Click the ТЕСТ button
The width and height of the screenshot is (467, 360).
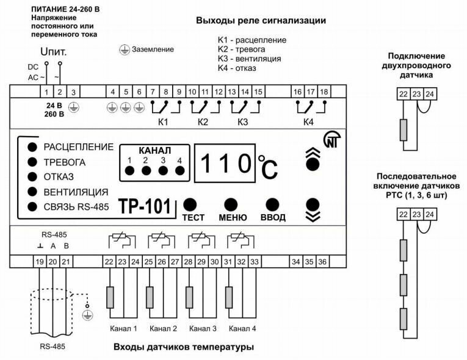coord(191,204)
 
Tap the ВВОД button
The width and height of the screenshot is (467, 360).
coord(272,204)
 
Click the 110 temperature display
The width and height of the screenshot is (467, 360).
coord(225,164)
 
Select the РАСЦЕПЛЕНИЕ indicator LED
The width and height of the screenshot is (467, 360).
coord(31,147)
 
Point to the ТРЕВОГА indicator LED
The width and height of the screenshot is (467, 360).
coord(31,162)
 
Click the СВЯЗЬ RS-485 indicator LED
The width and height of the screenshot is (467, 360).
coord(31,207)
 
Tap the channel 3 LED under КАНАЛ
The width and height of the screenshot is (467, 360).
coord(163,170)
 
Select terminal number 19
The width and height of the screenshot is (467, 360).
coord(39,262)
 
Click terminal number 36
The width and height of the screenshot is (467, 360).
coord(322,262)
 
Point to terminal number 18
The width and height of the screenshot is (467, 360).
coord(324,92)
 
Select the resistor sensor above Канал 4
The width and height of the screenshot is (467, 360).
coord(230,297)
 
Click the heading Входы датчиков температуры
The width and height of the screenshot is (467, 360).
coord(183,347)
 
